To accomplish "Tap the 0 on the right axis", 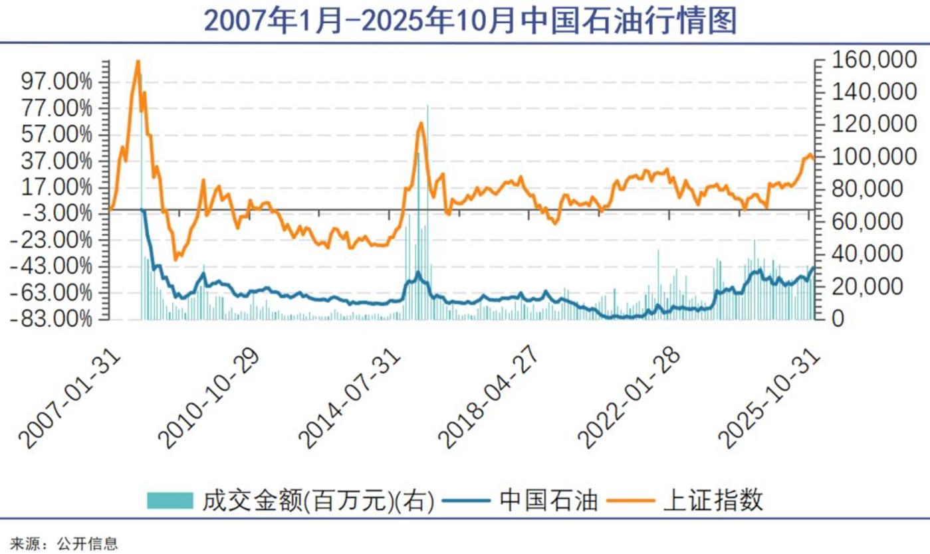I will click(840, 319).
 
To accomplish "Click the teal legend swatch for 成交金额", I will click(170, 500).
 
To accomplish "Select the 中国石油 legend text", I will click(548, 500).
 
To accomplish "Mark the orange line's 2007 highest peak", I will click(138, 61).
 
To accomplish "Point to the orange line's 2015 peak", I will click(420, 123).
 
